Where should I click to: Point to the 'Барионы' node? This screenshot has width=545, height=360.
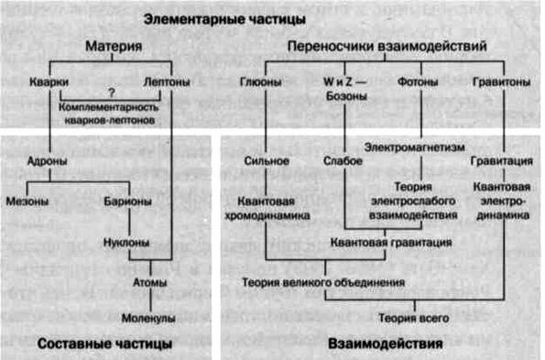pos(124,200)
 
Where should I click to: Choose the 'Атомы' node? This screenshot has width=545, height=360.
pos(150,282)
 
